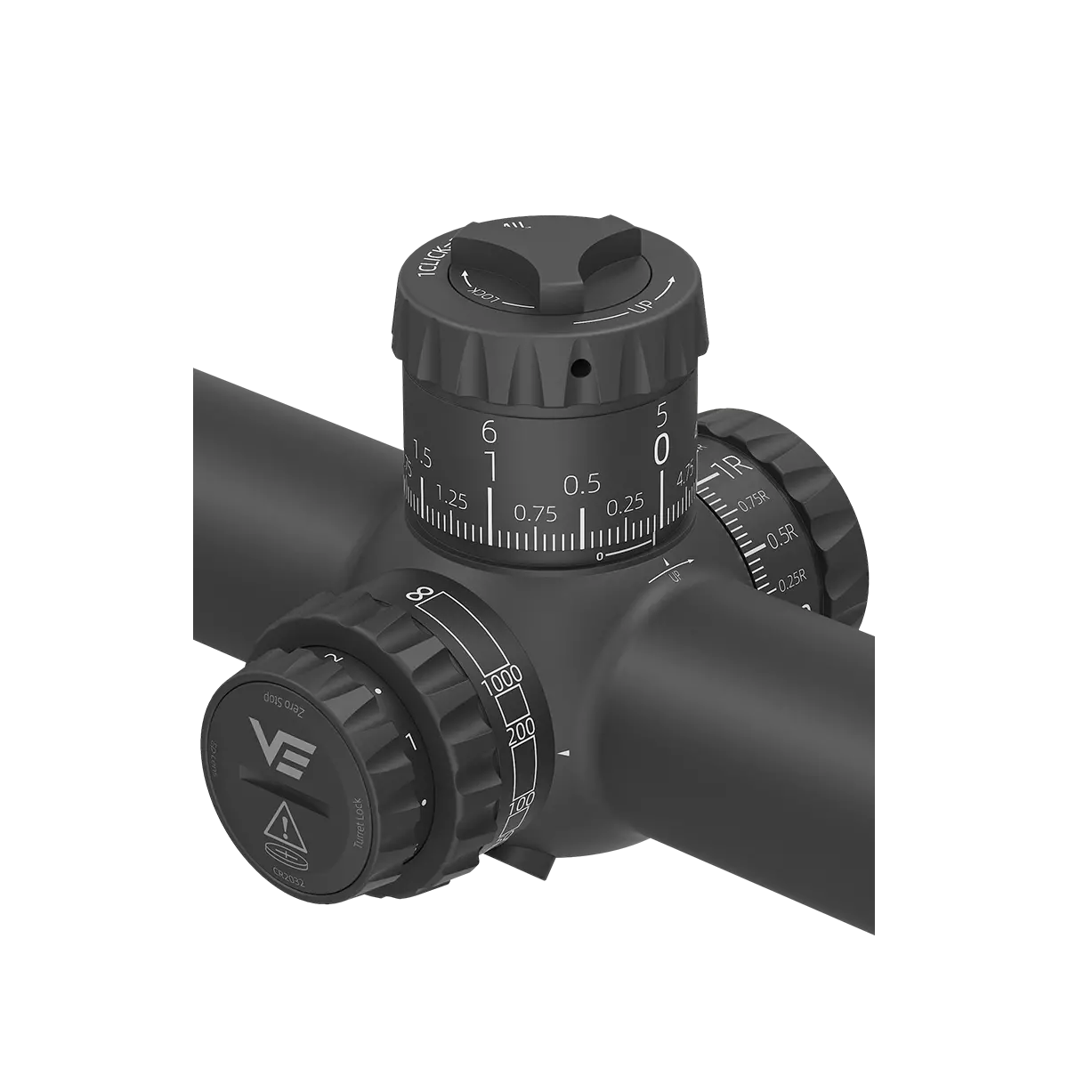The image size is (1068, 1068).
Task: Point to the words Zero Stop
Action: tap(278, 702)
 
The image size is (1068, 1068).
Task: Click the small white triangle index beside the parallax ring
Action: tap(563, 755)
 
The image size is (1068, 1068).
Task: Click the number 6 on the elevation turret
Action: tap(488, 431)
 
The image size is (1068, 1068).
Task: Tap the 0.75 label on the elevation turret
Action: tap(535, 514)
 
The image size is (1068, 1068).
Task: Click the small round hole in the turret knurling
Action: tap(579, 365)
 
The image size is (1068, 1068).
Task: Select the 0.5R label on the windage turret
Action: tap(782, 539)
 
